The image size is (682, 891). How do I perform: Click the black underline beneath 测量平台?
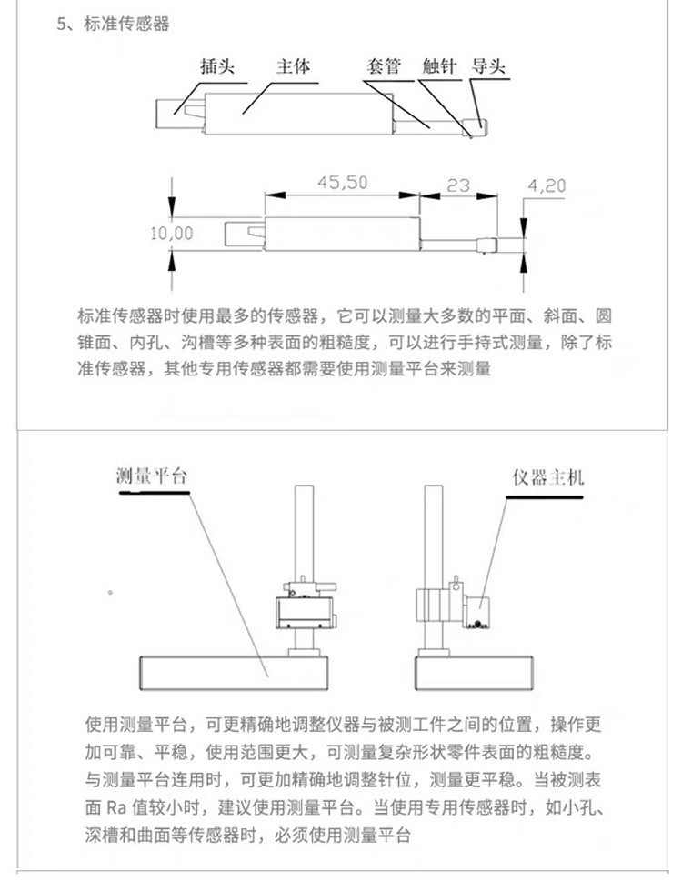tap(154, 492)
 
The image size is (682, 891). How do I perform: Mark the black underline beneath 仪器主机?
tap(545, 496)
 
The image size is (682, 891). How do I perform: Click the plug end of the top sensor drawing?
tap(173, 112)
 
